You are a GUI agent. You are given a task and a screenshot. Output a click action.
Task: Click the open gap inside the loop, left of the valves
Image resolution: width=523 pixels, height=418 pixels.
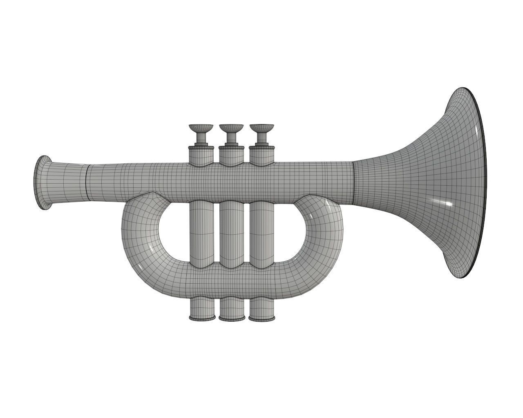[x=174, y=233]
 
